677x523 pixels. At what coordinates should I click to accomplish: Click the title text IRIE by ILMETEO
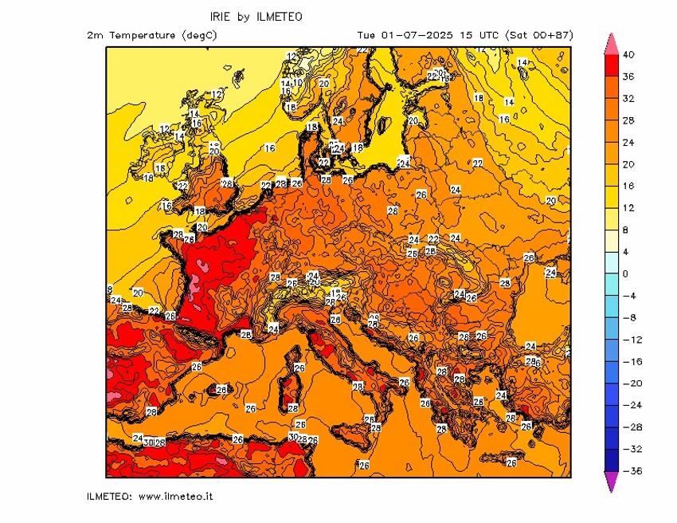(256, 16)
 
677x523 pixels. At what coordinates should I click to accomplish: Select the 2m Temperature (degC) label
(152, 35)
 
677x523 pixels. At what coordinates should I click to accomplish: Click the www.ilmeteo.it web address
(175, 497)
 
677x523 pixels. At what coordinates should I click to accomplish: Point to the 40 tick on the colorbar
(628, 54)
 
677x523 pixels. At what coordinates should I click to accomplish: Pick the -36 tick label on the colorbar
(628, 471)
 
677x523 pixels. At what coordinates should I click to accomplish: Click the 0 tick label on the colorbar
(624, 273)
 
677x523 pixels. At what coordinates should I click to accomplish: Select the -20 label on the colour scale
(628, 383)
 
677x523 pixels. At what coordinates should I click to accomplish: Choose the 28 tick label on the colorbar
(628, 120)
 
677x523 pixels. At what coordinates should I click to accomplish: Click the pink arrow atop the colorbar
(611, 44)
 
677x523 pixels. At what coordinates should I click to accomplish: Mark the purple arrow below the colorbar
(611, 482)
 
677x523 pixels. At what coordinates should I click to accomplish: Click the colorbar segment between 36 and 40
(611, 65)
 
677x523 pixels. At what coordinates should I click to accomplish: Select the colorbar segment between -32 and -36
(611, 460)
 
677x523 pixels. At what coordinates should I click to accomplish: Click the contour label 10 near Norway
(297, 82)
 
